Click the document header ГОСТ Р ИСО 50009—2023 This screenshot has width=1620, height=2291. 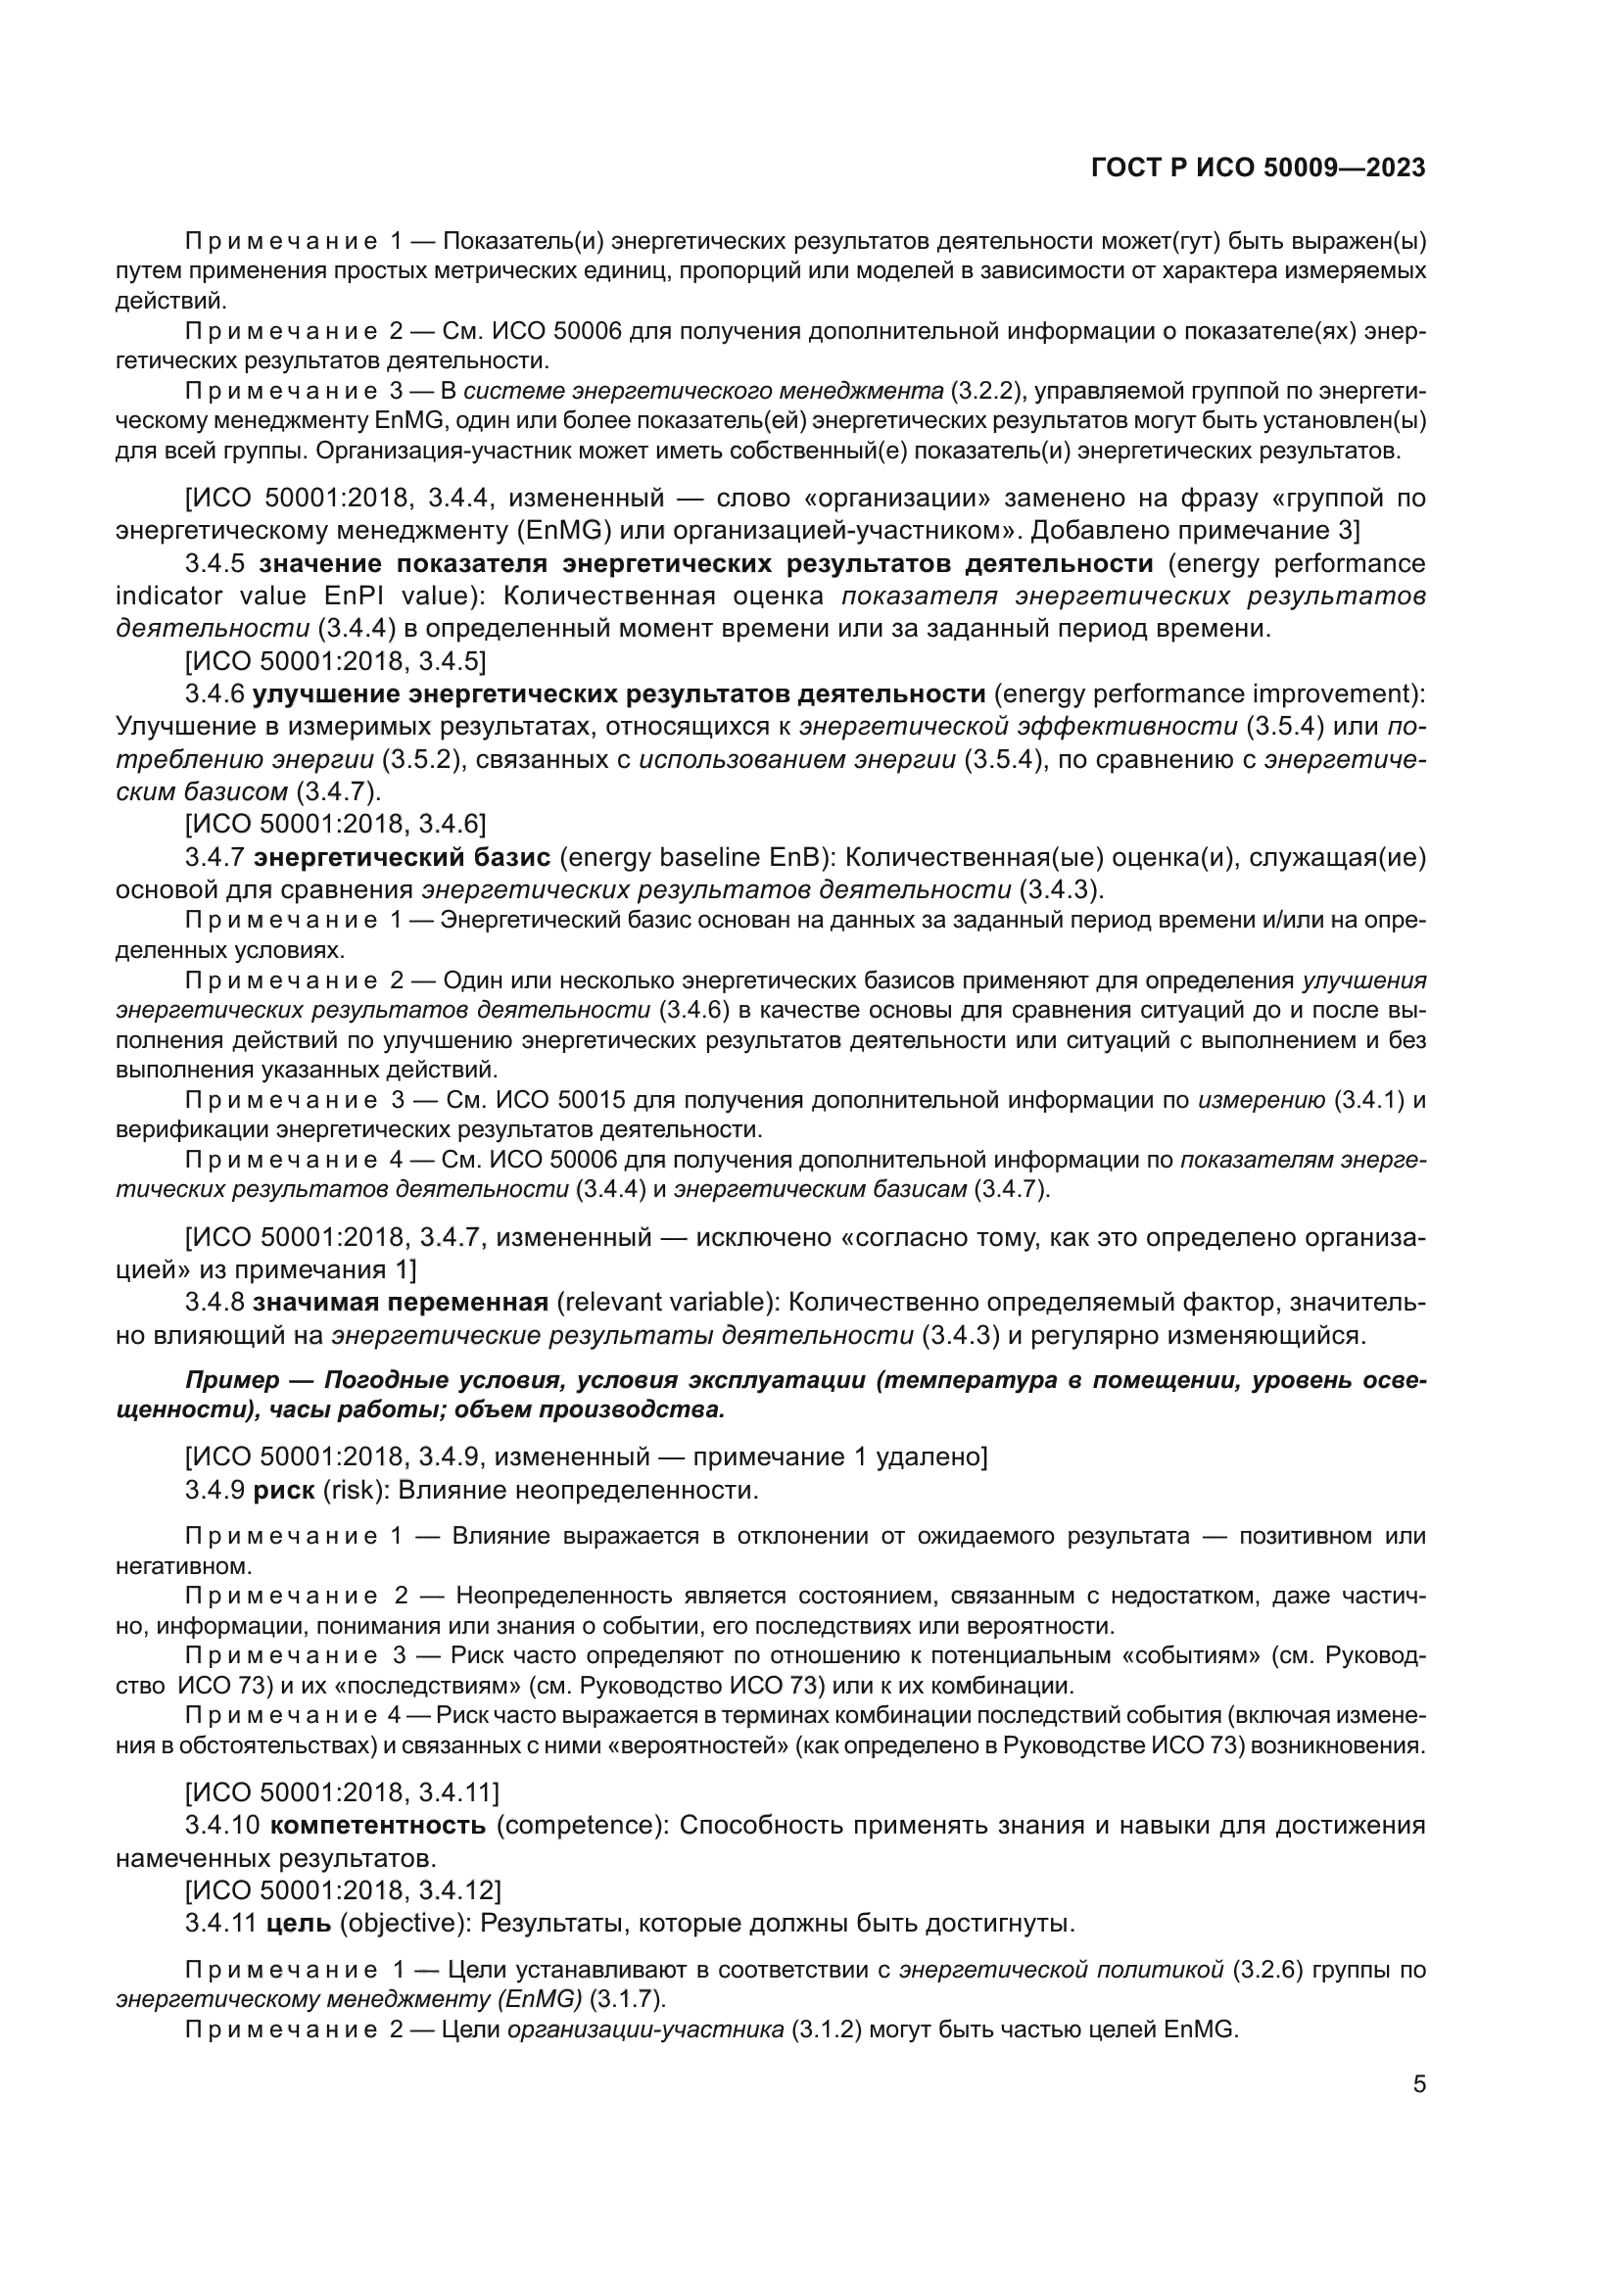[1258, 168]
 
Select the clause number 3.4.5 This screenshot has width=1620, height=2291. [214, 564]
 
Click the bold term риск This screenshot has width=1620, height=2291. [283, 1491]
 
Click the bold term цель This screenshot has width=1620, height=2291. [300, 1923]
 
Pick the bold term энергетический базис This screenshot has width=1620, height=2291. [401, 857]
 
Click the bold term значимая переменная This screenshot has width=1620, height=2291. [400, 1303]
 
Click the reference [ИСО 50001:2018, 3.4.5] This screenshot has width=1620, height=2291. [335, 660]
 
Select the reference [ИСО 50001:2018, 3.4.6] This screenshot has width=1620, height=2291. [335, 824]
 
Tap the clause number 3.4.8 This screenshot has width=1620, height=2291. [214, 1303]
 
